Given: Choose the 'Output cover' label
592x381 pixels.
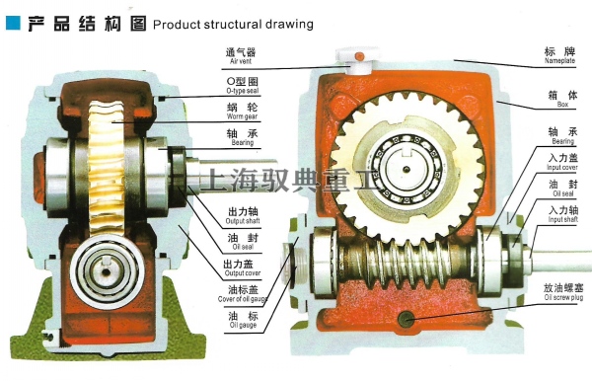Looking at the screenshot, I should (241, 268).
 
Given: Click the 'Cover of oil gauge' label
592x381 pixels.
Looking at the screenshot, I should (241, 295).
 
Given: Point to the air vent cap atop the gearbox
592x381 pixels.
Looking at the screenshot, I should (361, 58).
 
